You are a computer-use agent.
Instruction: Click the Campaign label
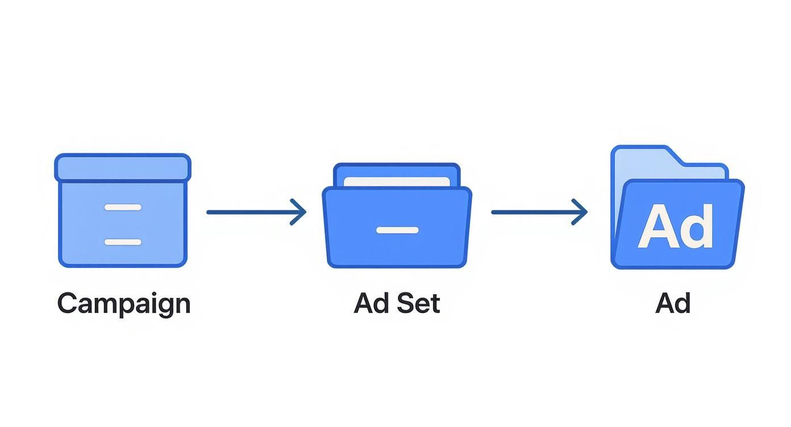tap(123, 303)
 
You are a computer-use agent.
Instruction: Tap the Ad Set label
tap(397, 303)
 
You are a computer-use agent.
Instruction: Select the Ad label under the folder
tap(673, 303)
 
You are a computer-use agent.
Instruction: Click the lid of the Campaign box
tap(123, 167)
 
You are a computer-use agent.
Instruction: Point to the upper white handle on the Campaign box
tap(123, 207)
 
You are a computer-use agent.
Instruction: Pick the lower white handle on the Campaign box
tap(123, 242)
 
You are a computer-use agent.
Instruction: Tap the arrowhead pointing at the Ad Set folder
tap(299, 212)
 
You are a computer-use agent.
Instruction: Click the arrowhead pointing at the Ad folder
tap(581, 212)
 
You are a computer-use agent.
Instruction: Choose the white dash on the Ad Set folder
tap(397, 230)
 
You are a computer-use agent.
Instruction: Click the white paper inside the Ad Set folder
tap(397, 181)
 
